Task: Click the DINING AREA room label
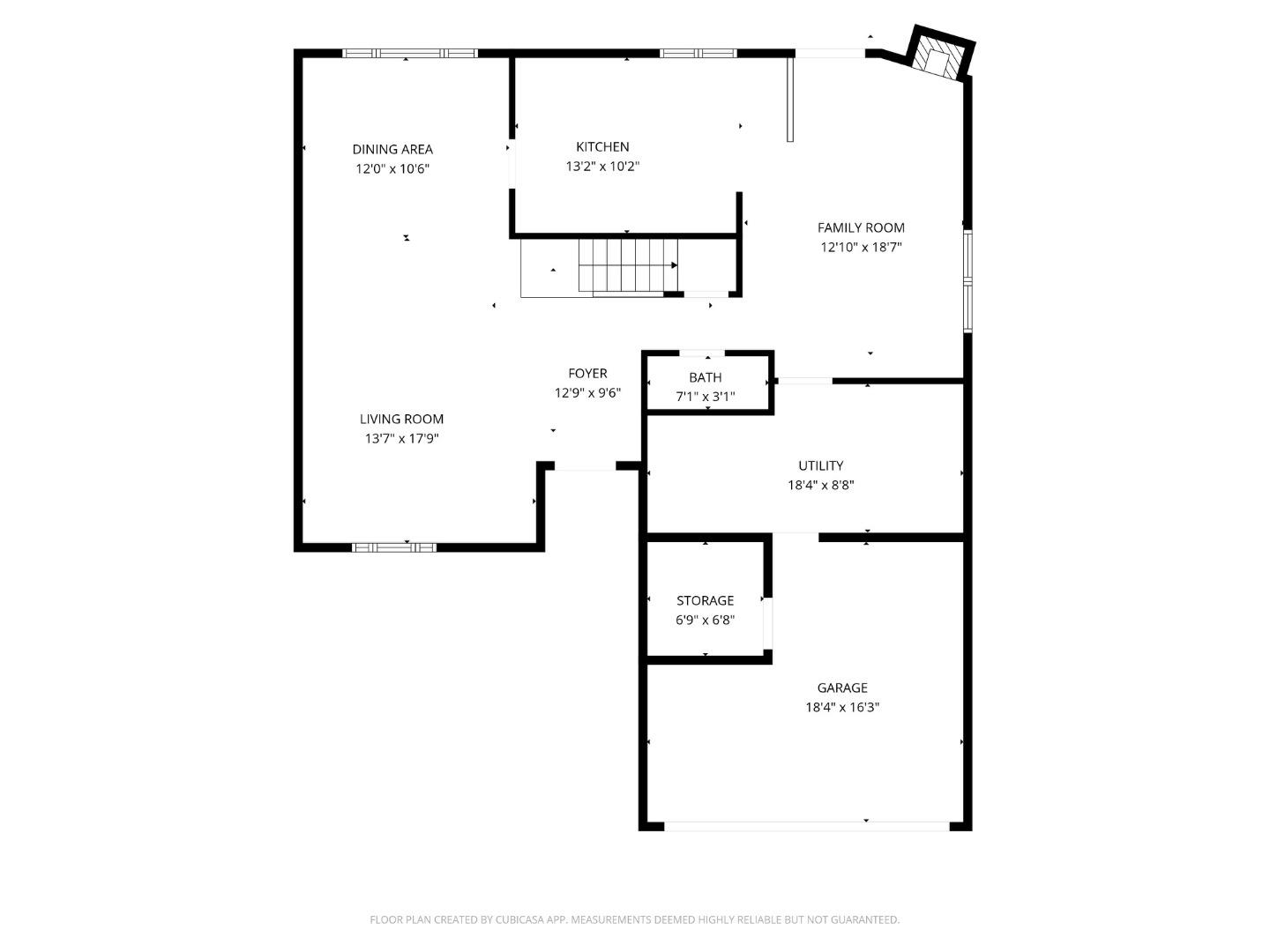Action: pyautogui.click(x=392, y=149)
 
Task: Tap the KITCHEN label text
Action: pyautogui.click(x=602, y=146)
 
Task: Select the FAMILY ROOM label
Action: pyautogui.click(x=861, y=227)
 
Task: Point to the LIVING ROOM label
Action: pyautogui.click(x=401, y=419)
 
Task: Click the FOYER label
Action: pyautogui.click(x=587, y=373)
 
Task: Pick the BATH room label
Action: pyautogui.click(x=706, y=377)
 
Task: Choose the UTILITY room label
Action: pyautogui.click(x=820, y=465)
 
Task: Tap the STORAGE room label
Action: pyautogui.click(x=705, y=600)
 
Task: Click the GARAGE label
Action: pyautogui.click(x=842, y=688)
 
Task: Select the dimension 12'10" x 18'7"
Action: pyautogui.click(x=861, y=248)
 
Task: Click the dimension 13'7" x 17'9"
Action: pyautogui.click(x=401, y=438)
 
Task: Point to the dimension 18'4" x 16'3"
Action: pyautogui.click(x=842, y=707)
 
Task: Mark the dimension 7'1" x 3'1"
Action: pyautogui.click(x=706, y=397)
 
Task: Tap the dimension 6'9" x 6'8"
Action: pyautogui.click(x=705, y=620)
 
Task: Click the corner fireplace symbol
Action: pyautogui.click(x=940, y=55)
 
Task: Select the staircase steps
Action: pyautogui.click(x=628, y=264)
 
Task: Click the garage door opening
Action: pyautogui.click(x=806, y=826)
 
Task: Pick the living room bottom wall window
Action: pyautogui.click(x=394, y=547)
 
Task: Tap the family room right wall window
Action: pyautogui.click(x=967, y=280)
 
